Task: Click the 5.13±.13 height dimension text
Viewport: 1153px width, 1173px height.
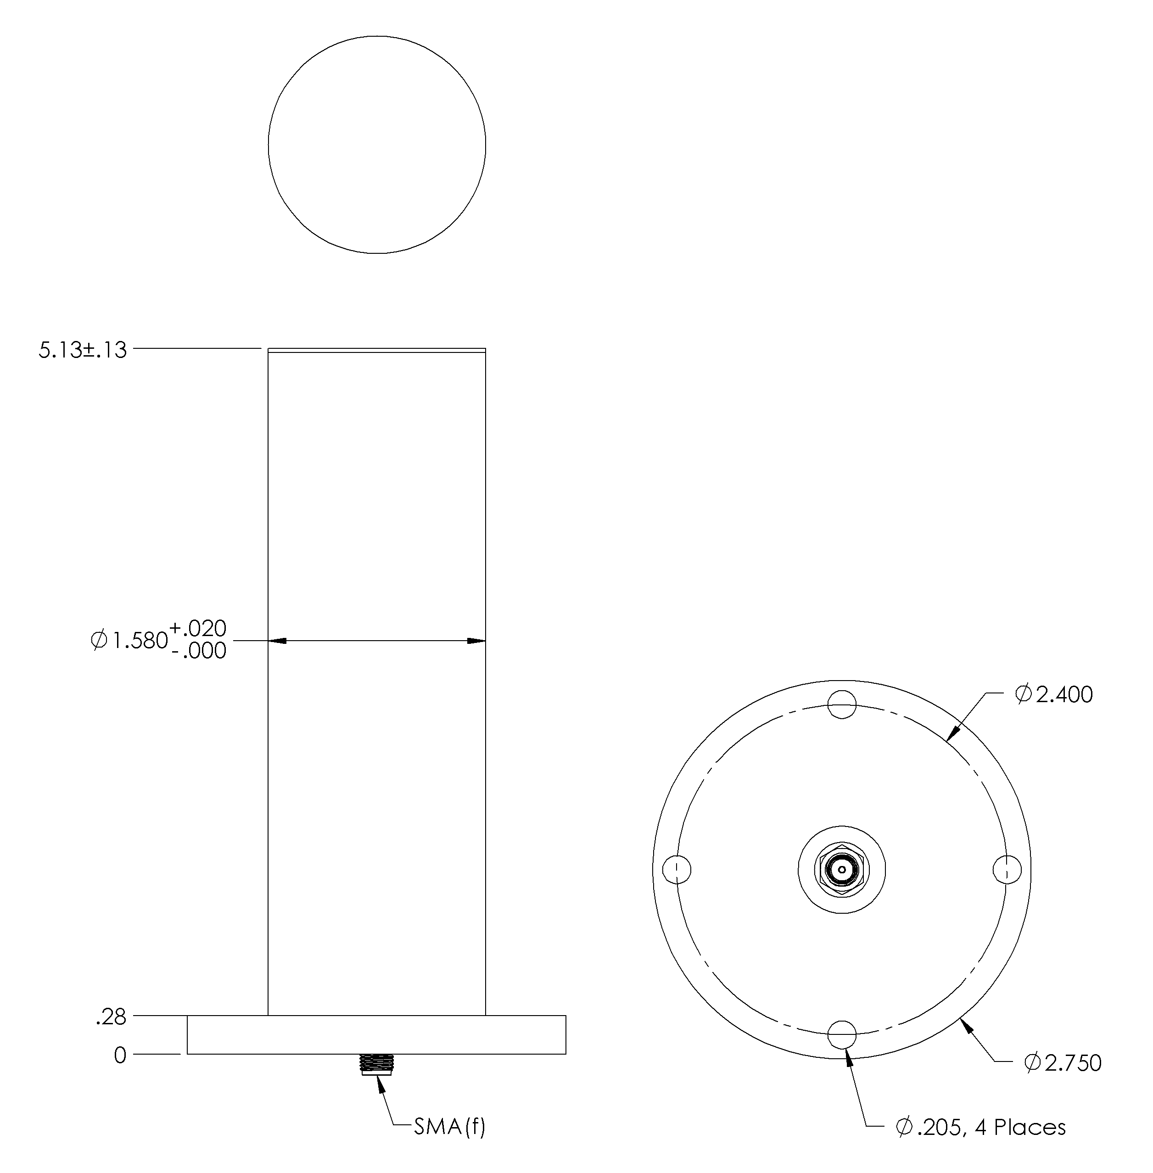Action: click(x=83, y=350)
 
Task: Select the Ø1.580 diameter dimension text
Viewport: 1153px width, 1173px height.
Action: click(x=129, y=640)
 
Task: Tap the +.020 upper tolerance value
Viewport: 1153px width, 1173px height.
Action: click(x=197, y=627)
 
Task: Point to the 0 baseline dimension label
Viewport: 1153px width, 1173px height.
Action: click(x=120, y=1056)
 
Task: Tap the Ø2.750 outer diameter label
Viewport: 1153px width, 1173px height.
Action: click(x=1063, y=1062)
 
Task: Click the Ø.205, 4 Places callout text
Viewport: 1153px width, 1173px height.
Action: click(x=980, y=1127)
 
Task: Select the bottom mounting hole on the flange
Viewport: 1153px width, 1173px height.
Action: click(x=842, y=1034)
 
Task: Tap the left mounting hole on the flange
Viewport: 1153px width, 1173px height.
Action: click(x=677, y=870)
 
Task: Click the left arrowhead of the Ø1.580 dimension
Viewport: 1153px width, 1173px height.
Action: click(x=277, y=640)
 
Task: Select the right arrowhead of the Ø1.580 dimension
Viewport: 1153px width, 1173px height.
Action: click(x=476, y=640)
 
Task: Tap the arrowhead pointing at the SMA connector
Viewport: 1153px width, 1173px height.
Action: click(x=381, y=1082)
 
